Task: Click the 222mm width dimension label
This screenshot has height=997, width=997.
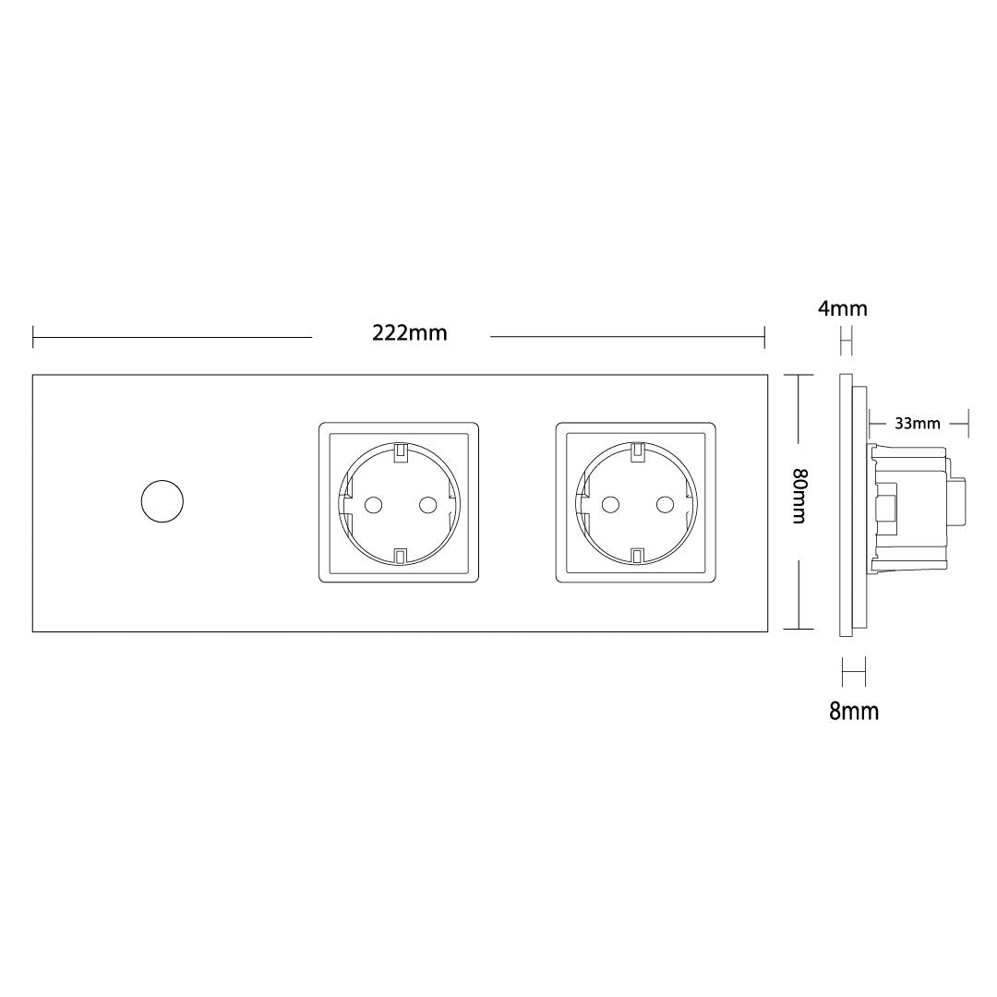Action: [410, 332]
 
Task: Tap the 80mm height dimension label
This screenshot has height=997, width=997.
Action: [799, 496]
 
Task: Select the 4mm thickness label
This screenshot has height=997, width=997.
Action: [843, 308]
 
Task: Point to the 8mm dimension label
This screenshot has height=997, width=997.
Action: [854, 711]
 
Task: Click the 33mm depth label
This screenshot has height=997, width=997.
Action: [918, 423]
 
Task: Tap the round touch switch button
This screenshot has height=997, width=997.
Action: [162, 501]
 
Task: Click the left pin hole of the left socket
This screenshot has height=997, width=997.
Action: [372, 506]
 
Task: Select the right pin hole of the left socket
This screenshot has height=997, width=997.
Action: [427, 506]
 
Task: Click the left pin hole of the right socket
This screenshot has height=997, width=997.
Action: [610, 506]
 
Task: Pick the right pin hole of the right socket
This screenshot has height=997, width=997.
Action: [665, 506]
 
